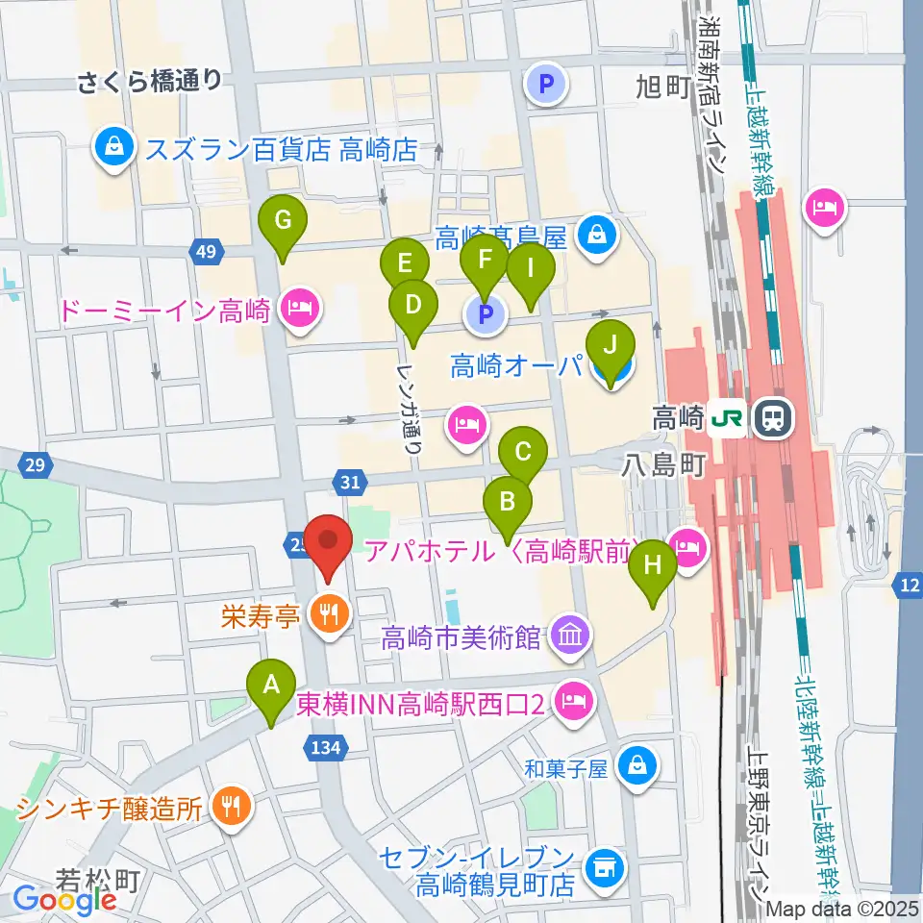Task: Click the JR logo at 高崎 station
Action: point(729,418)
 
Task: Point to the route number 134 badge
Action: point(320,745)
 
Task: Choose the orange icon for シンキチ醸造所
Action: point(231,806)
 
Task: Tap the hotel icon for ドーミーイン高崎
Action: point(299,310)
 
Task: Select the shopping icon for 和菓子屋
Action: point(636,767)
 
